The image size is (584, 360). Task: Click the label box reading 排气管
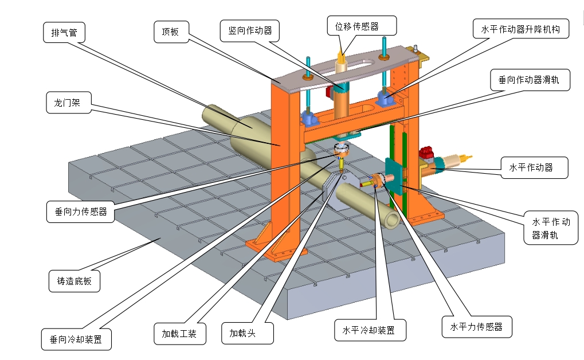coord(64,33)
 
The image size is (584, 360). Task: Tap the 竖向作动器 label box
coord(250,30)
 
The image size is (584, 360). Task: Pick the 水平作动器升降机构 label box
coord(521,29)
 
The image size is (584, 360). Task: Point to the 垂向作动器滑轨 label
coord(531,81)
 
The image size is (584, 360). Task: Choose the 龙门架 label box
coord(68,103)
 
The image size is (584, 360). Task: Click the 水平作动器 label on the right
coord(531,168)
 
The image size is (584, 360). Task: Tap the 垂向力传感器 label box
coord(81,212)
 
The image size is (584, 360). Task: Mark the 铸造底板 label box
coord(74,281)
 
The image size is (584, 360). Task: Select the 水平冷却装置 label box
coord(371,331)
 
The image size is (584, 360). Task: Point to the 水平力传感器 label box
coord(476,326)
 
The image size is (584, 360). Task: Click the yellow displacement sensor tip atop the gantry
coord(342,56)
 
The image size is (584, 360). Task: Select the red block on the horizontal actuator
coord(426,153)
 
